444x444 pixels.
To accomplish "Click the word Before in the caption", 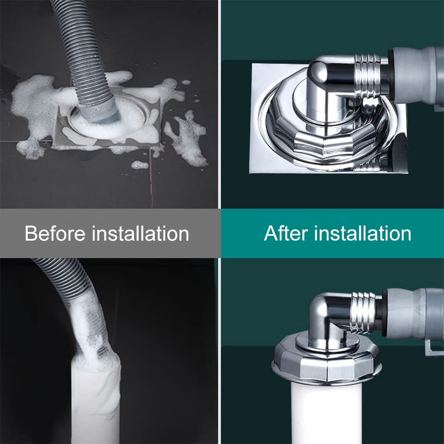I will point(55,234).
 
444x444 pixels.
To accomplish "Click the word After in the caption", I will point(286,234).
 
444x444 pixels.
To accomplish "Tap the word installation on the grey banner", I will point(140,234).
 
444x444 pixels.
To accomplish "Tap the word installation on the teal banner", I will point(362,234).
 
